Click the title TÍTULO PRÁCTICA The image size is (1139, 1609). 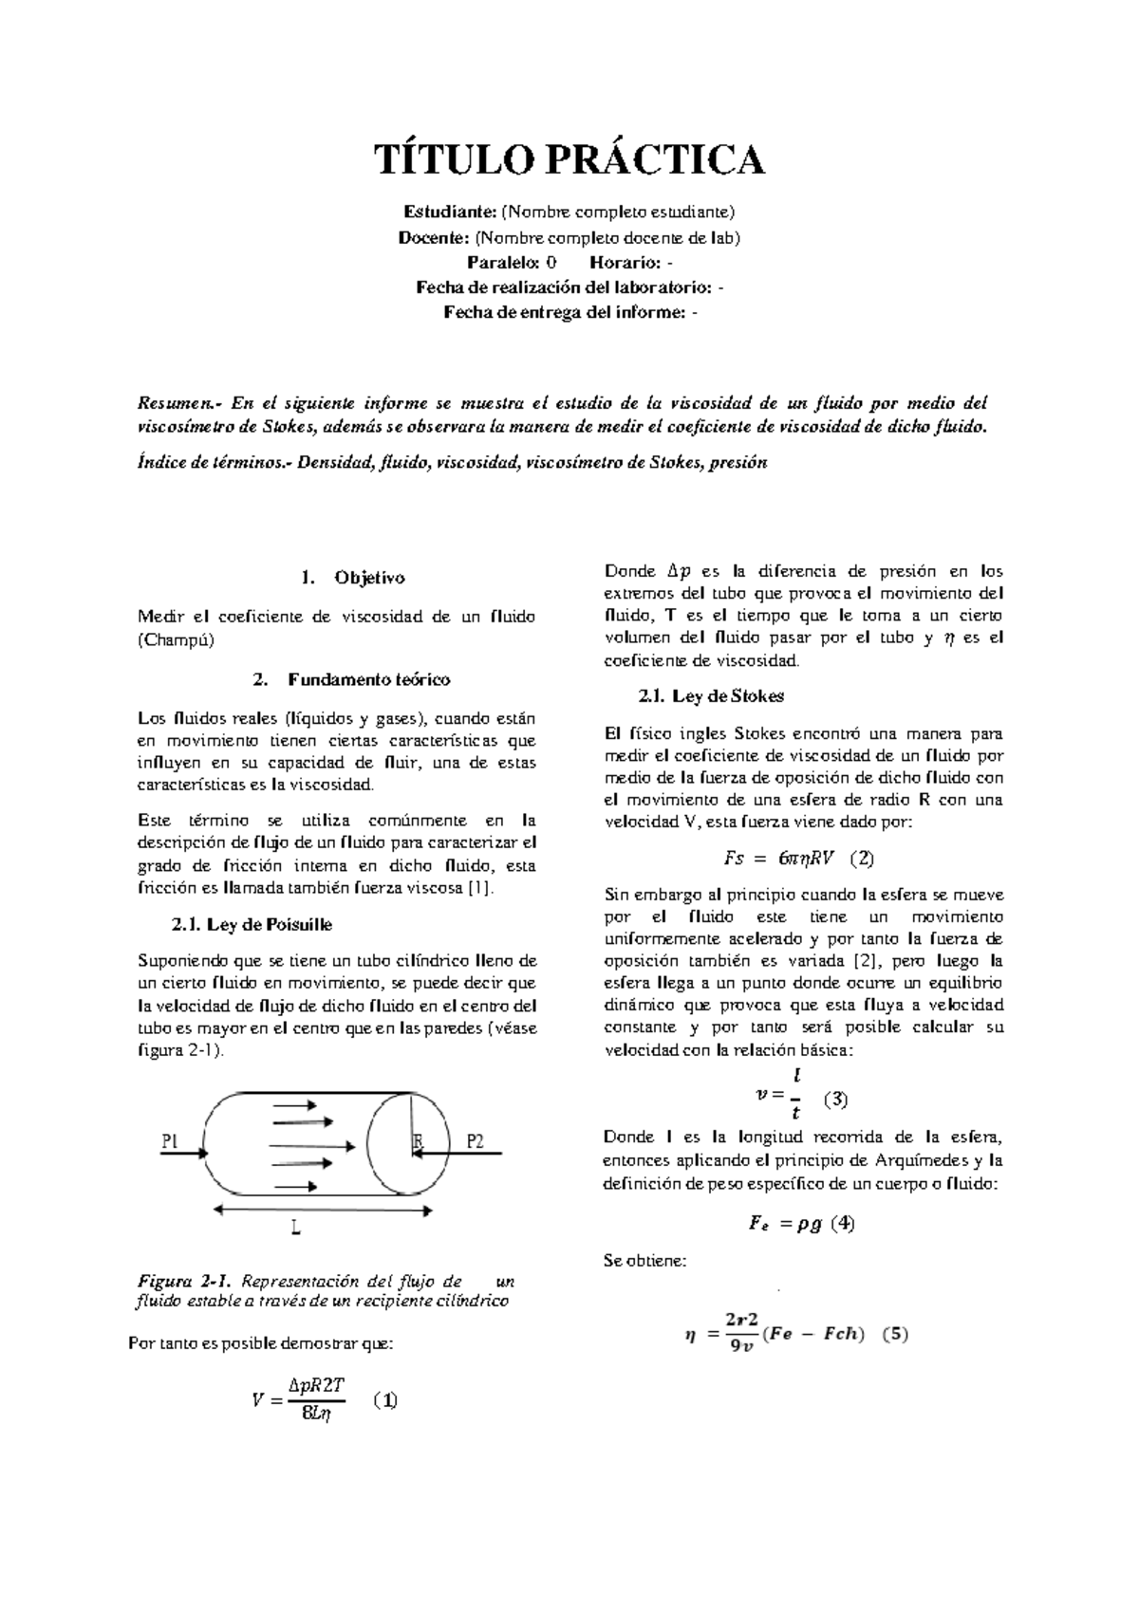569,159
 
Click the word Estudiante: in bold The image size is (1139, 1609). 451,211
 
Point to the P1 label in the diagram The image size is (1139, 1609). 170,1141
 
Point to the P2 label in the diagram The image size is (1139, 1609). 475,1141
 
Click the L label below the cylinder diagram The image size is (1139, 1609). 296,1228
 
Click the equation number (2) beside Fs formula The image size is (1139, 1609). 862,859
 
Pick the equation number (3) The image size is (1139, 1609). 835,1100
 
